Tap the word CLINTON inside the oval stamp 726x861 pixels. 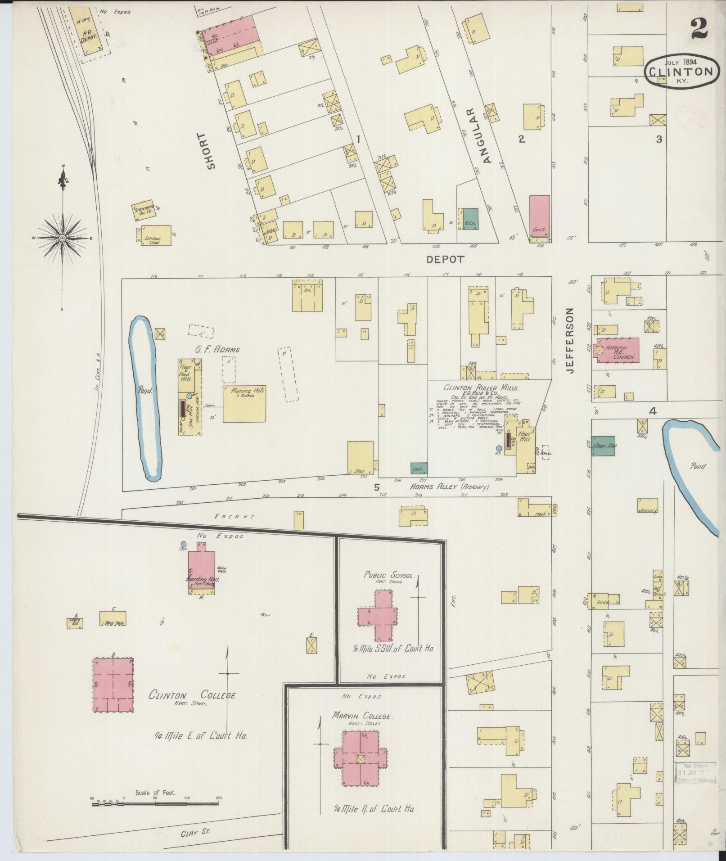click(x=680, y=72)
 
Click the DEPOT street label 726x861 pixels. click(x=445, y=259)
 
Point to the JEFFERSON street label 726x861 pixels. click(x=571, y=340)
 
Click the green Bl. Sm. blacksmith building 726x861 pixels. click(x=470, y=219)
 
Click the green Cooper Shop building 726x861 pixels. click(x=604, y=445)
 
